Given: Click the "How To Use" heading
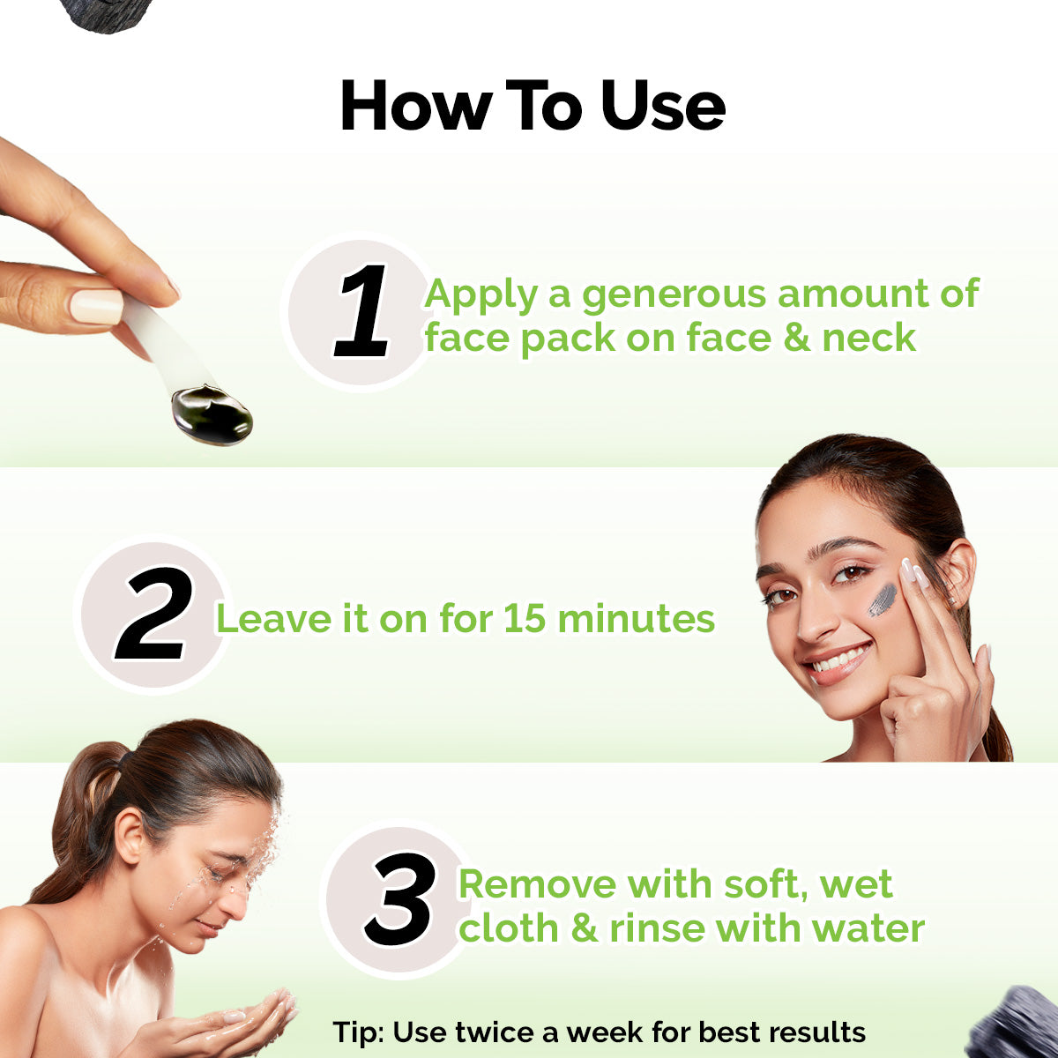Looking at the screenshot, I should pos(533,107).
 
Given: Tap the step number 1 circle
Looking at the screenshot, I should pos(361,313).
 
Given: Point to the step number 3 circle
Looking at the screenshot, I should pos(399,900).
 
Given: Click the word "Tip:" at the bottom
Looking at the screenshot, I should pos(358,1032).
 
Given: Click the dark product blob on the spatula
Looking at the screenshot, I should pos(212,414).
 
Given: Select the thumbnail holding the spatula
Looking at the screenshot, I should pos(96,306).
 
